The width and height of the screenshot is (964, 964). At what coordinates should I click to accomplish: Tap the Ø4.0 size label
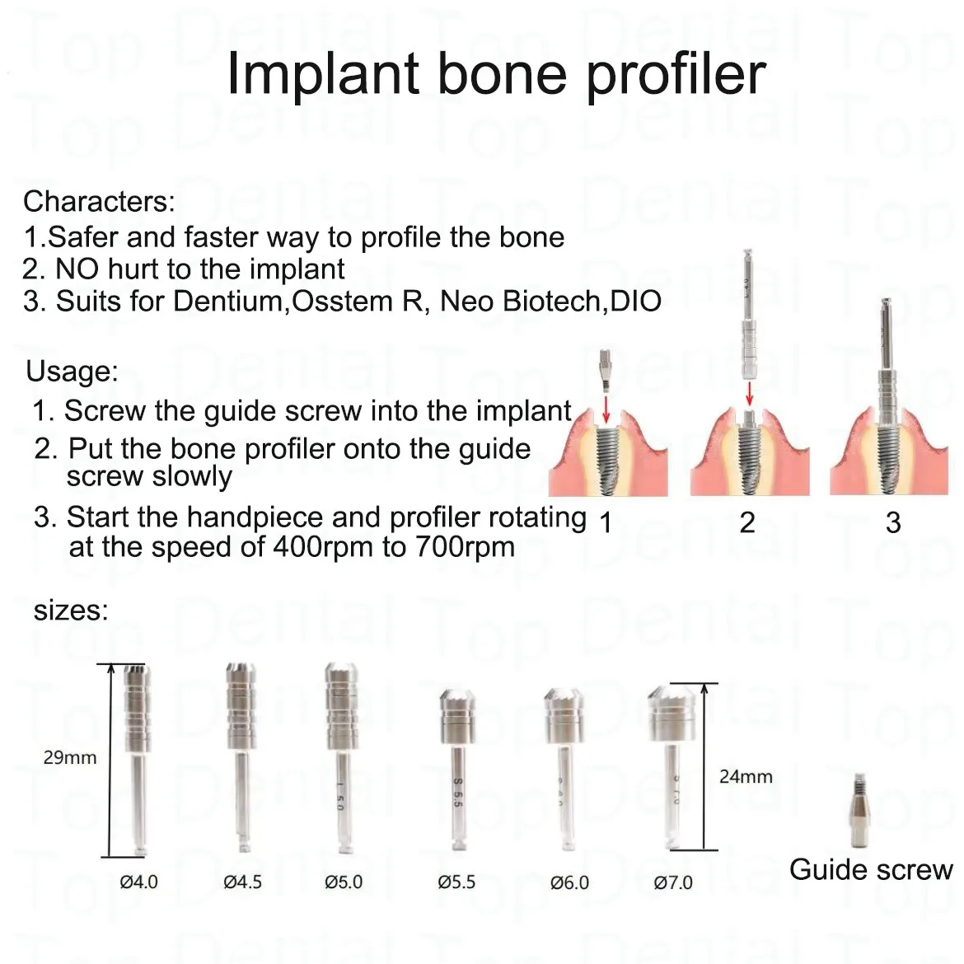click(x=139, y=882)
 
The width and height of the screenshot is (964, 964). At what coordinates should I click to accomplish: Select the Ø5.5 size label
click(x=456, y=882)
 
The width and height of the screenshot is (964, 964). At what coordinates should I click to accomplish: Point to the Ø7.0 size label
click(x=673, y=883)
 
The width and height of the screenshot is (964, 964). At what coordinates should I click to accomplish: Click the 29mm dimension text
click(x=70, y=757)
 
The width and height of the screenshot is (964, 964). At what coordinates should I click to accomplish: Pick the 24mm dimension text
click(x=746, y=776)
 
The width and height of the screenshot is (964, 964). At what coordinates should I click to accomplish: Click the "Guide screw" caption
click(x=871, y=869)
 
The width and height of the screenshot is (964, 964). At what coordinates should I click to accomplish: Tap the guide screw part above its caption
click(x=860, y=810)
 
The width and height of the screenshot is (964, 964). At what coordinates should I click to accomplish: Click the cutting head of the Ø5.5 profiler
click(x=457, y=717)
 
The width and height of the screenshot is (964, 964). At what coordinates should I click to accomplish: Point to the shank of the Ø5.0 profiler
click(x=341, y=799)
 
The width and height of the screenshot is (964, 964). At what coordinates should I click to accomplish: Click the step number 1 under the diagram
click(x=606, y=522)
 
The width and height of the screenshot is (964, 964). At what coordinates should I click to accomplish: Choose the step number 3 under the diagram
click(x=893, y=522)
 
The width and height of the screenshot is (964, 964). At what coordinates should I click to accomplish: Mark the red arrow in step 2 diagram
click(x=749, y=394)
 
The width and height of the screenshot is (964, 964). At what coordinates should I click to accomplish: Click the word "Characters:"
click(x=99, y=202)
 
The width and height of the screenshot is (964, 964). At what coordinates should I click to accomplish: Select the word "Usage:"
click(x=72, y=372)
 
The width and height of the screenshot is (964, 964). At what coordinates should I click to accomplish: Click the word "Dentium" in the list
click(x=227, y=302)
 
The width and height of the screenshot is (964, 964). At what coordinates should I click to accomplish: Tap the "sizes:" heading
click(x=71, y=611)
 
